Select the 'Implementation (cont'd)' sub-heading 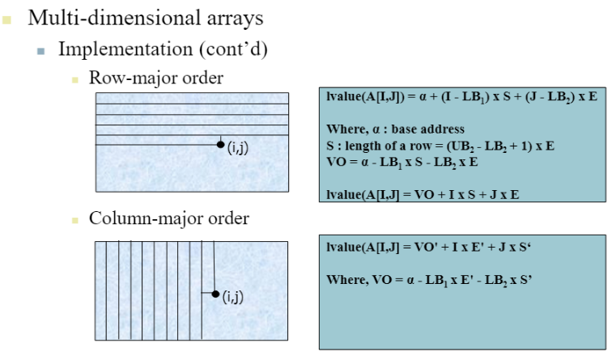tap(162, 49)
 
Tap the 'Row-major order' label tap(155, 78)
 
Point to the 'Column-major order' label tap(168, 218)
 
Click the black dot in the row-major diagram tap(220, 145)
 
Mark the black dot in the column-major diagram tap(215, 294)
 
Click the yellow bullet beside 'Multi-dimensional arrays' tap(7, 18)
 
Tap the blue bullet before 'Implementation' tap(40, 50)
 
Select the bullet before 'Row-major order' tap(74, 80)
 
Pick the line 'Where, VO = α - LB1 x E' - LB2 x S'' tap(428, 280)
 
